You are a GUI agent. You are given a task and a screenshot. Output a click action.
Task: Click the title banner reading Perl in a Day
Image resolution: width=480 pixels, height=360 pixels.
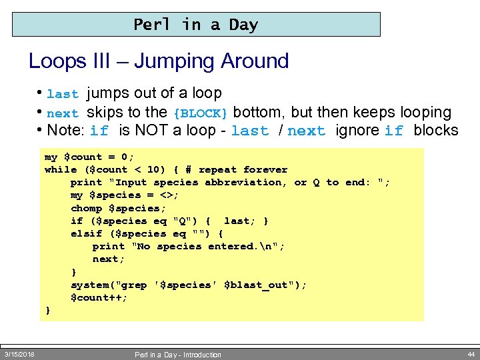click(196, 25)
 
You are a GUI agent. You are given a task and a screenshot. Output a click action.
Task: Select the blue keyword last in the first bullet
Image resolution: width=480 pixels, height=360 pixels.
click(63, 95)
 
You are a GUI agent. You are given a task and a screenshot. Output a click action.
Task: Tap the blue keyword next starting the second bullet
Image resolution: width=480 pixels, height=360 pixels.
click(63, 113)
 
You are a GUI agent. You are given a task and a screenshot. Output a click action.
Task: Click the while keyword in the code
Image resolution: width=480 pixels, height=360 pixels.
click(61, 170)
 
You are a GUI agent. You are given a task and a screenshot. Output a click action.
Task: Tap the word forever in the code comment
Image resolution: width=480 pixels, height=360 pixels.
click(265, 170)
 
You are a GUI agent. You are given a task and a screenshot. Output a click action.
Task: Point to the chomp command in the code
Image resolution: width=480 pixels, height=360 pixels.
click(86, 208)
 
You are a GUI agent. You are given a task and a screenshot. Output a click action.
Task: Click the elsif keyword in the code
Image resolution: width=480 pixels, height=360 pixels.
click(86, 233)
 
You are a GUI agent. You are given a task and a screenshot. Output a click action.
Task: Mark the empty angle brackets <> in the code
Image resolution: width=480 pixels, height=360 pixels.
click(169, 195)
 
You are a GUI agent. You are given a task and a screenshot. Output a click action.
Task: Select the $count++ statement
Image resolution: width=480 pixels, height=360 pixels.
click(99, 297)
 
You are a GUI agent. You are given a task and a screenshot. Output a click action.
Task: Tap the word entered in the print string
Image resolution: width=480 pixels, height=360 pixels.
click(230, 247)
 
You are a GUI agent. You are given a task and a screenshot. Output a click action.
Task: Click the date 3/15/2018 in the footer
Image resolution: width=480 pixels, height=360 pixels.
click(19, 354)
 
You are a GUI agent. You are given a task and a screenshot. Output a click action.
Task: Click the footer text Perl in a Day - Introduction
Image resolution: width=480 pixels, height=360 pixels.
click(177, 355)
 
